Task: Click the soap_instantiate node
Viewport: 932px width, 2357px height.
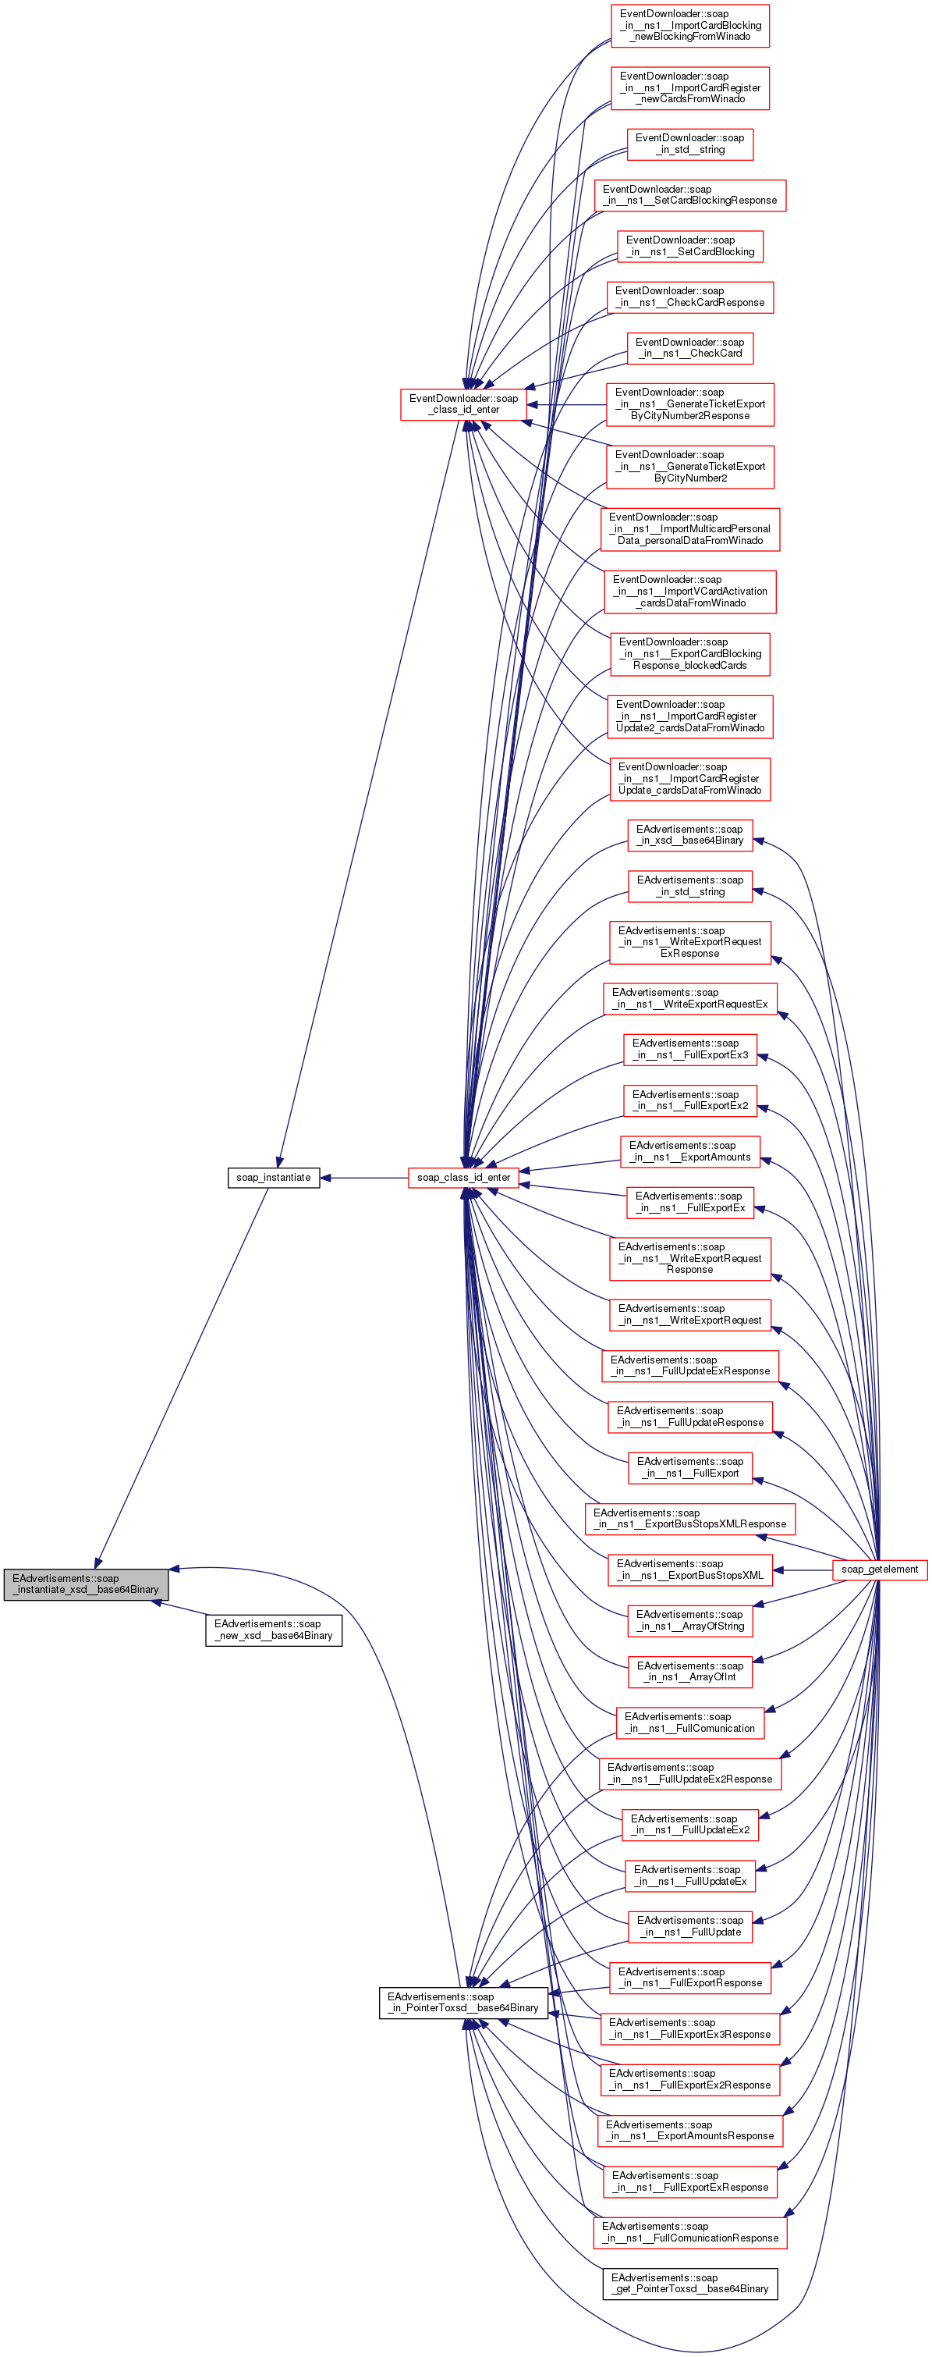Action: (274, 1178)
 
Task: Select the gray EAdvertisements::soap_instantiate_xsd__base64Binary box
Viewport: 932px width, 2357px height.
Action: (86, 1584)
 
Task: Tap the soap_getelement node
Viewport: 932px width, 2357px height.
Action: (879, 1570)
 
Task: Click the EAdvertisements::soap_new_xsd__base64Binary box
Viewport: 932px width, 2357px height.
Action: (274, 1630)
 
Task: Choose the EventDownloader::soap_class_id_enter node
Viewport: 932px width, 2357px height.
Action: (464, 404)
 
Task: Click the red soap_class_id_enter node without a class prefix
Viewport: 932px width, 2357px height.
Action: (464, 1178)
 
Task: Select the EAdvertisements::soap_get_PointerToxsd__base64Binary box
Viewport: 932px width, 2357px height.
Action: (689, 2283)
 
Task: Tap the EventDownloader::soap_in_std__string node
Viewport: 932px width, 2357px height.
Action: (689, 144)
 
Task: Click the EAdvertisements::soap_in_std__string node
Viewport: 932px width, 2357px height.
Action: (689, 886)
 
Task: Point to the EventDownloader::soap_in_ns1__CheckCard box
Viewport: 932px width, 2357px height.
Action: (689, 347)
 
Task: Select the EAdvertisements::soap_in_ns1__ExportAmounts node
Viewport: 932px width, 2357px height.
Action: (689, 1151)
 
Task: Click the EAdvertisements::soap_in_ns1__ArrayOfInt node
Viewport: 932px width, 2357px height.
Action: (689, 1671)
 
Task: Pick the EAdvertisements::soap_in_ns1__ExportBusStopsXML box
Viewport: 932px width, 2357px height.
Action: (689, 1570)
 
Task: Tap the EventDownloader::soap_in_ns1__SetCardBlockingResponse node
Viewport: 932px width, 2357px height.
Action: (689, 195)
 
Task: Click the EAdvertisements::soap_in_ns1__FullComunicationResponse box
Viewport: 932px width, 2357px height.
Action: (689, 2231)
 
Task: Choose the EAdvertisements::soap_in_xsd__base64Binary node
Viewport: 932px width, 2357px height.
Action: (689, 834)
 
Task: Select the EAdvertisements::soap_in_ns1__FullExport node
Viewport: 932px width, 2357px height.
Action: (689, 1466)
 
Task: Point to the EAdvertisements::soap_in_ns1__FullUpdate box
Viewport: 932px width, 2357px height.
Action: (689, 1926)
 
